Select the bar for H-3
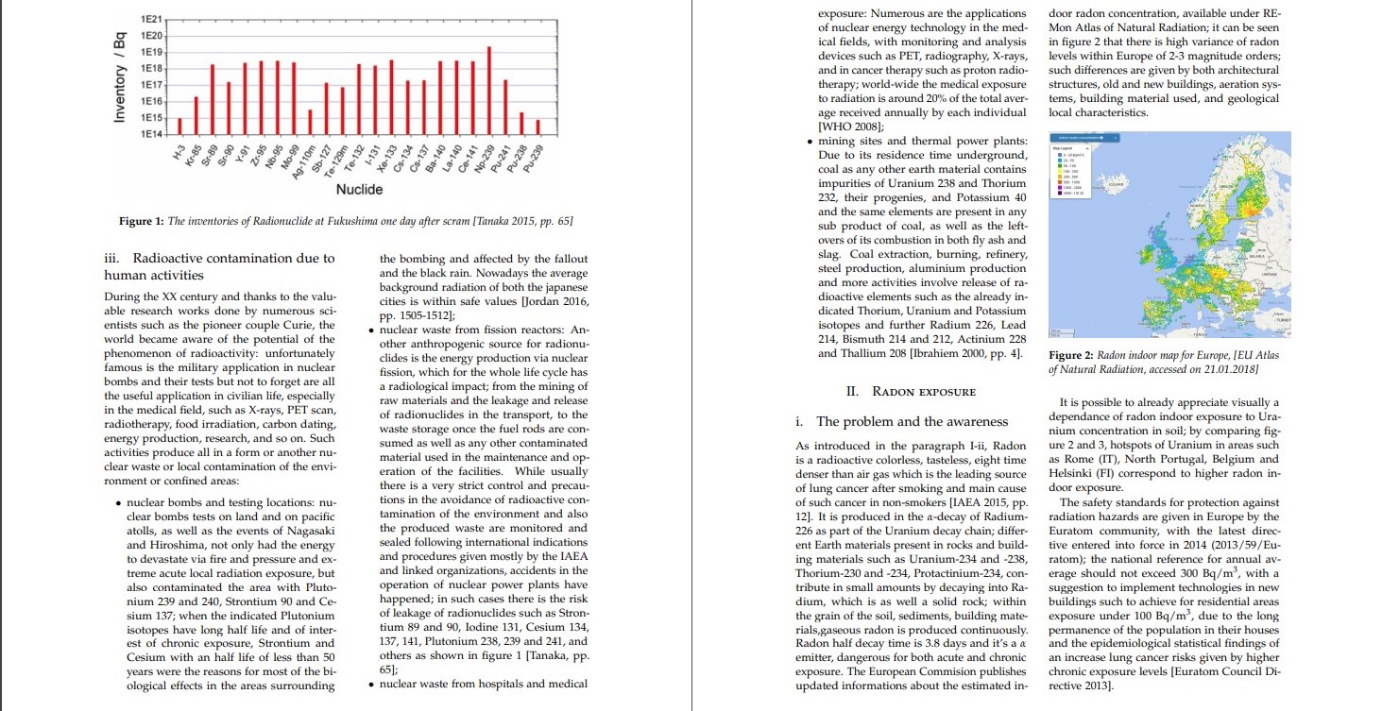click(x=179, y=127)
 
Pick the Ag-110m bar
click(x=310, y=123)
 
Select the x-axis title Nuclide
click(x=360, y=190)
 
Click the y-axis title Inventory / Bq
click(x=120, y=79)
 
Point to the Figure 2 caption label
click(x=1073, y=355)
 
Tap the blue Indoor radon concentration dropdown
click(x=1083, y=138)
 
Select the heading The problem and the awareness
click(x=912, y=421)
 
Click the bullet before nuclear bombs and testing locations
click(x=116, y=502)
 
